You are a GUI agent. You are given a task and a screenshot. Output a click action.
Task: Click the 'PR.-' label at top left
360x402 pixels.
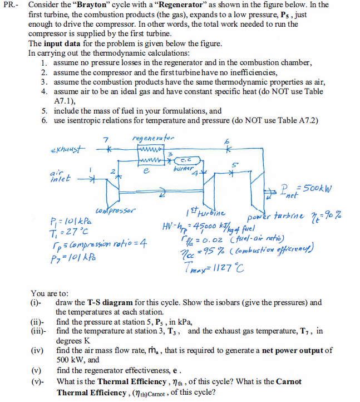(x=9, y=4)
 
